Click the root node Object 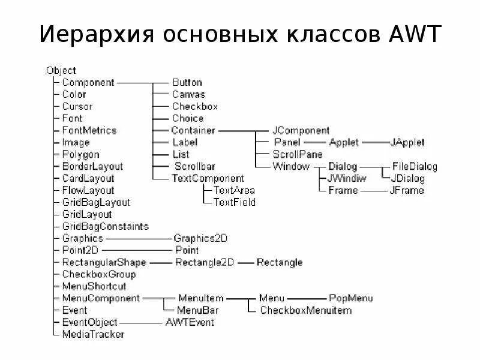point(61,70)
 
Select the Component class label point(88,82)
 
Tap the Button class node point(187,82)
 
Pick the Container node point(193,130)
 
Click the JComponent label point(301,130)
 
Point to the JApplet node point(407,142)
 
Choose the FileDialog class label point(415,166)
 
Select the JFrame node point(406,190)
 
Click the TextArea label point(235,190)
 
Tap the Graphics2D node point(200,238)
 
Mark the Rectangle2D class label point(205,262)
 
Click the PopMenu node point(351,298)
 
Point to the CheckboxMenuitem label point(306,310)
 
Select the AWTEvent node point(189,322)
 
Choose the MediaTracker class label point(93,334)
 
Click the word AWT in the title point(411,35)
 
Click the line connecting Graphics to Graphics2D point(138,238)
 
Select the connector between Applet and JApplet point(374,142)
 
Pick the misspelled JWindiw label point(347,178)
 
